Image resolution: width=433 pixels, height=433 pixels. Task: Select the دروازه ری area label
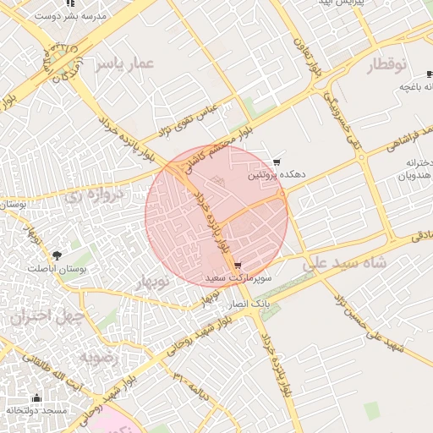(x=95, y=195)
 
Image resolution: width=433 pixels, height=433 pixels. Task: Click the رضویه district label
(x=103, y=358)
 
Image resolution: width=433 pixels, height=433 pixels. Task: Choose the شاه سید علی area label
(x=345, y=264)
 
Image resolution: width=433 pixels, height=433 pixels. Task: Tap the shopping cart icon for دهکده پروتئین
(x=277, y=162)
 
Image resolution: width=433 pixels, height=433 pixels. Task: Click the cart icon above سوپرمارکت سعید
(x=238, y=264)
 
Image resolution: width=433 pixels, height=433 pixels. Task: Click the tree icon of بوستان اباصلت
(x=58, y=254)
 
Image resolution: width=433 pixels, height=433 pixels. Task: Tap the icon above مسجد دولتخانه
(x=36, y=397)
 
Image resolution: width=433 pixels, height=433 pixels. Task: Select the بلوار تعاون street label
(x=308, y=58)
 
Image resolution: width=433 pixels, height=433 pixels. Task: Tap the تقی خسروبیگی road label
(x=356, y=123)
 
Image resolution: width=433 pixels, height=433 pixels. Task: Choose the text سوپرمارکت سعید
(x=238, y=277)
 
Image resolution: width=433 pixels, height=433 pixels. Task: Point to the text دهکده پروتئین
(x=276, y=176)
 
